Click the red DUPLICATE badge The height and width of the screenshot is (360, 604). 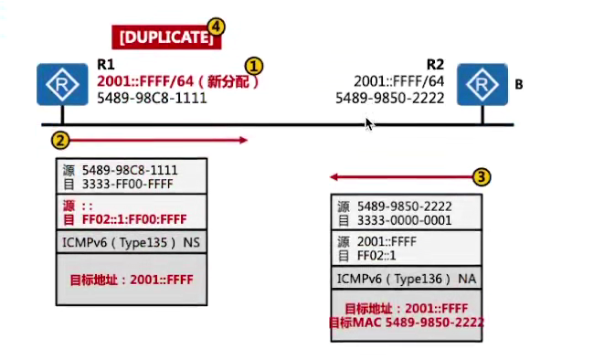[x=166, y=37]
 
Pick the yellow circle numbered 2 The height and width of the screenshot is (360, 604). [x=59, y=140]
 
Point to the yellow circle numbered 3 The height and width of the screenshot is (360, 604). [x=483, y=175]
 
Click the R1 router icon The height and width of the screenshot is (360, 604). [x=59, y=84]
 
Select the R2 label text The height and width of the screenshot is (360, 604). [x=435, y=65]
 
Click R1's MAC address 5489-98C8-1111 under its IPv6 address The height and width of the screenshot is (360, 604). [x=152, y=96]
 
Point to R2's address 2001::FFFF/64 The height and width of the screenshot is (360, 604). [x=399, y=80]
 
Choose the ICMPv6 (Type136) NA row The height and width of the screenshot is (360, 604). [x=404, y=277]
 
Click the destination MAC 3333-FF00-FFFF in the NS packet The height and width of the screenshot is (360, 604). [x=129, y=184]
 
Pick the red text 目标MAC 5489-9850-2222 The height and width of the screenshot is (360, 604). [x=408, y=323]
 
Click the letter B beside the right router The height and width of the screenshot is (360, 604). [x=519, y=85]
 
